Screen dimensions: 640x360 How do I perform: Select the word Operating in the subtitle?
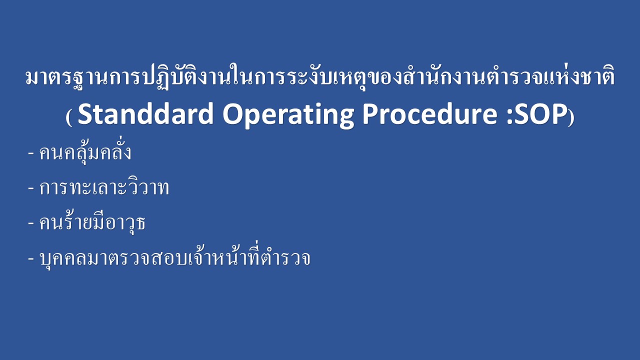288,115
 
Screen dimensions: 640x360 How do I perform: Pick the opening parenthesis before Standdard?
68,117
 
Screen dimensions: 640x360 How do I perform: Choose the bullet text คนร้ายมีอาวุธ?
92,222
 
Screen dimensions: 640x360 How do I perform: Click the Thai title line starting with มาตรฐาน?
320,76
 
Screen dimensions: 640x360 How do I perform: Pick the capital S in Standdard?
85,113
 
